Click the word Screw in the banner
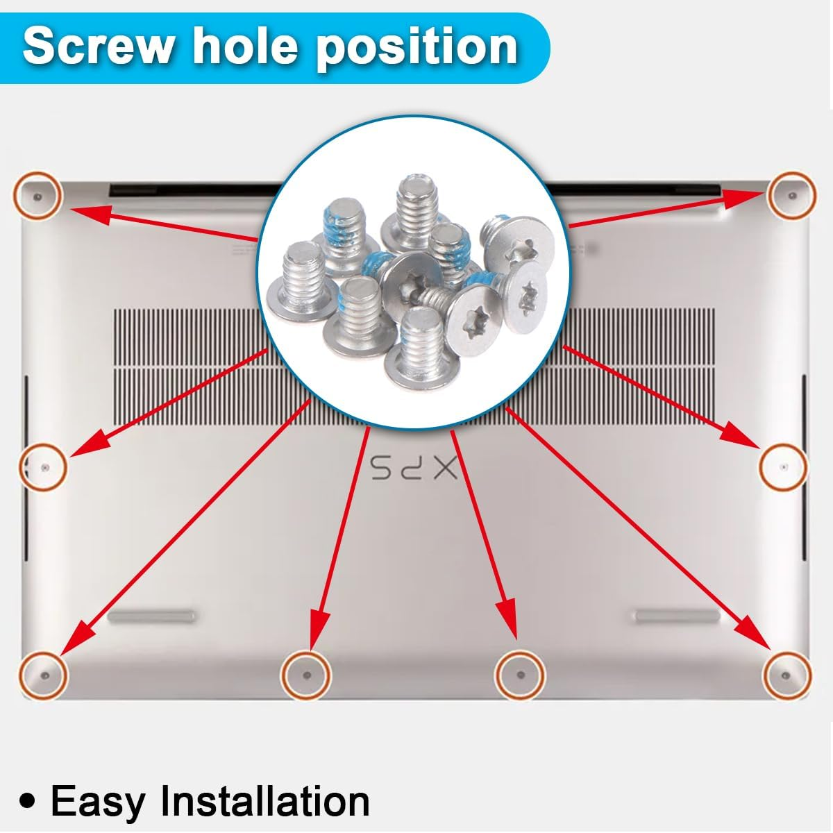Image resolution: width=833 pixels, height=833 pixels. point(99,45)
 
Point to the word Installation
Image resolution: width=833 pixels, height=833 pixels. point(265,800)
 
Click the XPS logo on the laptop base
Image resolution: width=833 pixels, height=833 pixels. point(414,469)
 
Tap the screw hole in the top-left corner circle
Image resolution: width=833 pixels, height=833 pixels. point(37,197)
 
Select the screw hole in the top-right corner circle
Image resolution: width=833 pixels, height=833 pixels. point(792,196)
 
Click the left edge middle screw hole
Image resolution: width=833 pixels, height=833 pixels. point(44,467)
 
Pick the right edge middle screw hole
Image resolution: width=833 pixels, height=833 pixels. point(784,466)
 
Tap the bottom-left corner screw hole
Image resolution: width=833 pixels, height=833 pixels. point(45,675)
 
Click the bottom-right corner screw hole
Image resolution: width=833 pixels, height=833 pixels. point(786,675)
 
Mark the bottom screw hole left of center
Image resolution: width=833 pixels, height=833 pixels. point(307,675)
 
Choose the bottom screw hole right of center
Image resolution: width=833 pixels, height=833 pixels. point(521,675)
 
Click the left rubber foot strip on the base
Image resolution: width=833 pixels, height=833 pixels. point(151,616)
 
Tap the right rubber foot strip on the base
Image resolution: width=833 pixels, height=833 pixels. point(678,616)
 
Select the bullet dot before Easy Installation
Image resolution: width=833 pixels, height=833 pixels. point(27,802)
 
